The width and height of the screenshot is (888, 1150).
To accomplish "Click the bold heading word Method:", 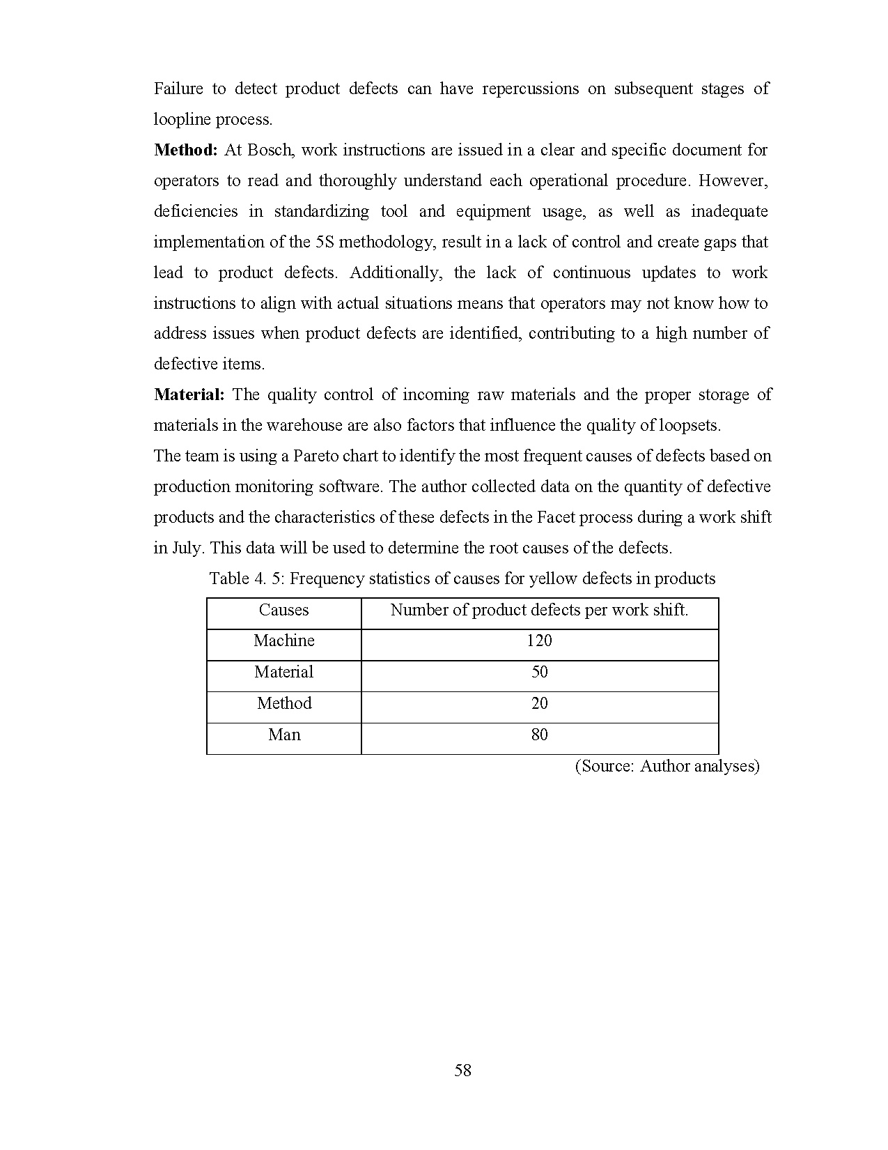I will [186, 150].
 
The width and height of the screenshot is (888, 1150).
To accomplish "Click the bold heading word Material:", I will [189, 394].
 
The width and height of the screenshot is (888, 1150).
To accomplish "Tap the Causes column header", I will [283, 610].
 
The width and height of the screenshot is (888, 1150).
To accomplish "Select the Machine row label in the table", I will [283, 641].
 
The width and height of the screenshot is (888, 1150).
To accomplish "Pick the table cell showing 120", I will [539, 641].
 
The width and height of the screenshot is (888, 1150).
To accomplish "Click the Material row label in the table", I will [283, 672].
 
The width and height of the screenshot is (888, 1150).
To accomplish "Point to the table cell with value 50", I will [539, 672].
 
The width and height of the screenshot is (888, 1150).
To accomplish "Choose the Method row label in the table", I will [283, 703].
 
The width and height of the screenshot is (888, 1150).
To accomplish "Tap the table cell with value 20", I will [539, 703].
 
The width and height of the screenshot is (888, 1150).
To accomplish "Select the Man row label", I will [283, 735].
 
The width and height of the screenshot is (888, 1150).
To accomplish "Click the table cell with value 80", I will [539, 735].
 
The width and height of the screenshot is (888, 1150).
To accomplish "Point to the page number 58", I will [462, 1070].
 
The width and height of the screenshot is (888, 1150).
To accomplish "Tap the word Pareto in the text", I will [316, 456].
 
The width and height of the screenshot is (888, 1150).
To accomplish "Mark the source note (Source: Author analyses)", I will [667, 766].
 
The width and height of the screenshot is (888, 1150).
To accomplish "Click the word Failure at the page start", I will [178, 89].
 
